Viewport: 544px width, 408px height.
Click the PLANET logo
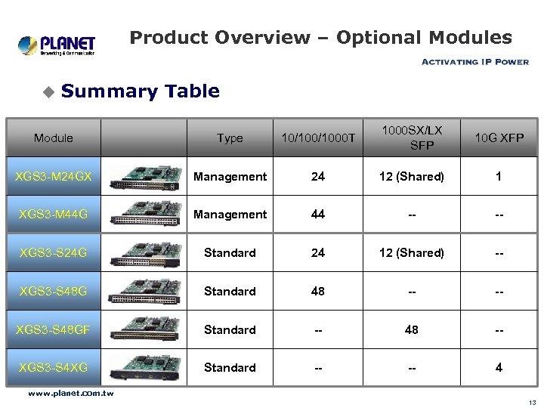57,45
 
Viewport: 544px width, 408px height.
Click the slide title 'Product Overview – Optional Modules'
320,38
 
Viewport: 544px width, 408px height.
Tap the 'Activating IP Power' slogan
474,62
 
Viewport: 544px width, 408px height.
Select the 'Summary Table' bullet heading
140,91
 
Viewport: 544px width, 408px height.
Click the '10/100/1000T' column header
318,138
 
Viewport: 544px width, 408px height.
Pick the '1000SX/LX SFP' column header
411,138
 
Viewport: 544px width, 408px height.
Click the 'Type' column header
230,138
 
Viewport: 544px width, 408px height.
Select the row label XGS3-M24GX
54,176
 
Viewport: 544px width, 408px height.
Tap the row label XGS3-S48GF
54,329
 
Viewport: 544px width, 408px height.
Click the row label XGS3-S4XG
54,368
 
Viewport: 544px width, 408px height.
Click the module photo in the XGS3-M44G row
144,215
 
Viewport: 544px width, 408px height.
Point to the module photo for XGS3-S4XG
144,368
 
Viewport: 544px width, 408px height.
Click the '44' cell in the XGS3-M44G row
318,215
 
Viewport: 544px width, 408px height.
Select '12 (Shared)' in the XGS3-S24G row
411,253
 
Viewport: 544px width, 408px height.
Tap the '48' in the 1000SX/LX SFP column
411,329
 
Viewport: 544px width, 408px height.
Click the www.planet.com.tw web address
70,393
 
